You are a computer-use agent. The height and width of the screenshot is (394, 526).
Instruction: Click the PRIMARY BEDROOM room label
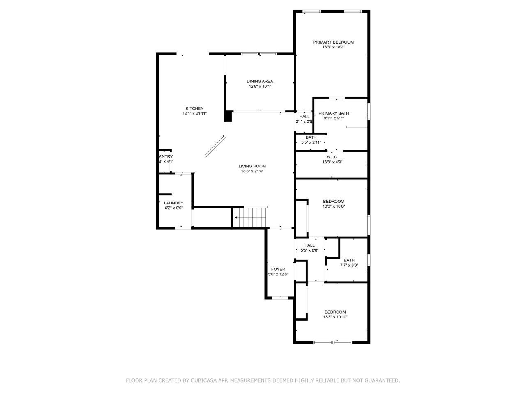tap(333, 42)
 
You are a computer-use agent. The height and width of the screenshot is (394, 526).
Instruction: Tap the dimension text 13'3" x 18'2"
tap(333, 47)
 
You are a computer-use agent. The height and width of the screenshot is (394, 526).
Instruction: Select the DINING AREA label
tap(260, 81)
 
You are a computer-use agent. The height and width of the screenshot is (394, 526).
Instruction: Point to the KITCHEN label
tap(194, 108)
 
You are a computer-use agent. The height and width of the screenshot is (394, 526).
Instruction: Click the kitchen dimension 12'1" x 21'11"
tap(194, 113)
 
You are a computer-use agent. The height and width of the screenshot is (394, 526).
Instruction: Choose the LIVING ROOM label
tap(252, 166)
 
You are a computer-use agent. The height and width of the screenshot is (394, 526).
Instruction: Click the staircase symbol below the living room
tap(250, 217)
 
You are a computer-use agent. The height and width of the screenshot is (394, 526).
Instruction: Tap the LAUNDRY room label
tap(173, 203)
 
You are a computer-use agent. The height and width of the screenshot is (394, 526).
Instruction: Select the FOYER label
tap(278, 269)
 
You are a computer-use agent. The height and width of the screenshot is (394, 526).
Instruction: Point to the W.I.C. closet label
tap(332, 157)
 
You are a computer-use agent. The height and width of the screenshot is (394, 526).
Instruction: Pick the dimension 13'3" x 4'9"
tap(332, 162)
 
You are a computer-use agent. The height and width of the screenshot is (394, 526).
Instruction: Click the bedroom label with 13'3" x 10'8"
tap(333, 201)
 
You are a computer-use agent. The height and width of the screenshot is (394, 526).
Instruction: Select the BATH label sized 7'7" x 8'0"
tap(349, 260)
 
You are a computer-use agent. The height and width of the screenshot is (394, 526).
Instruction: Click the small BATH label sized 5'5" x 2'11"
tap(311, 137)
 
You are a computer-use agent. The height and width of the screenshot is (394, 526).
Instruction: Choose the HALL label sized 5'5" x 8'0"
tap(309, 245)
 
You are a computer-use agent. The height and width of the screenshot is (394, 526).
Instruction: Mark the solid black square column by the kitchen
tap(228, 116)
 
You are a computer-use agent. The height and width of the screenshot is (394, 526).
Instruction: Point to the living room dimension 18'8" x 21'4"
tap(252, 171)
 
